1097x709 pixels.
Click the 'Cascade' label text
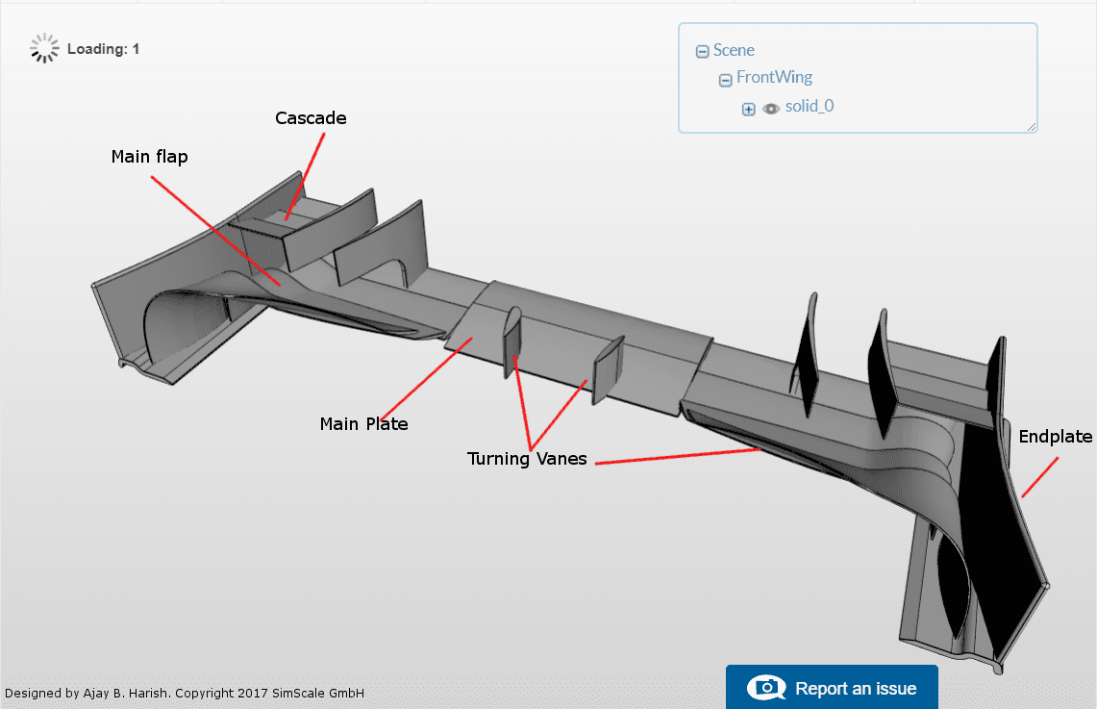(x=311, y=118)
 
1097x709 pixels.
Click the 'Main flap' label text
(x=149, y=157)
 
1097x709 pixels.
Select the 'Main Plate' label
(x=363, y=423)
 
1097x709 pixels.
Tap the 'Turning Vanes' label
(x=526, y=459)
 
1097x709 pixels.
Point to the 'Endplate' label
(x=1055, y=437)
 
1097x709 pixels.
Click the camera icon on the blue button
(x=766, y=688)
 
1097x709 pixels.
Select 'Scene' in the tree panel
(x=734, y=50)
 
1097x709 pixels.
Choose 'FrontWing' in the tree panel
(x=774, y=78)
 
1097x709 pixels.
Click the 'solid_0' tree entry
(x=809, y=106)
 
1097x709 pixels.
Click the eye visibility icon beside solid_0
(x=771, y=109)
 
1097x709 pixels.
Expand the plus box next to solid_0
(x=749, y=109)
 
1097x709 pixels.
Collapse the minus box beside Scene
(x=703, y=52)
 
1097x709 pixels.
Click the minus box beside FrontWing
(x=726, y=80)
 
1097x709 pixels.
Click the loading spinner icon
(x=44, y=48)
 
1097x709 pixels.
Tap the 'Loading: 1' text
(x=103, y=49)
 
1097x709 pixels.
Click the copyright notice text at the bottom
(x=185, y=694)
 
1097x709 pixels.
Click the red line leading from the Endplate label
(x=1039, y=477)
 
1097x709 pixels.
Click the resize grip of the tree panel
(x=1032, y=126)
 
